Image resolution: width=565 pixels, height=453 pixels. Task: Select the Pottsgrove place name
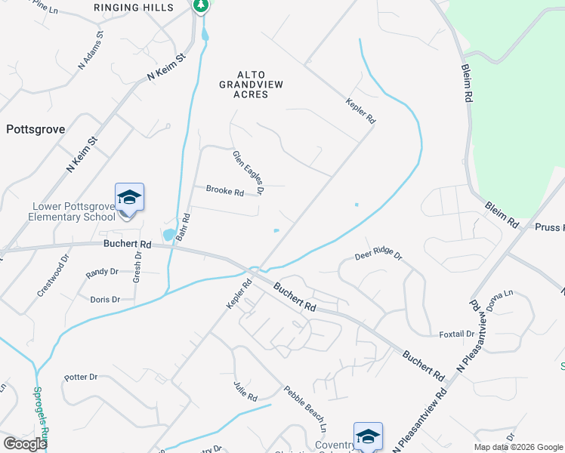pos(36,129)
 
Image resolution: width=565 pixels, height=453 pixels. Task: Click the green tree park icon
pos(200,6)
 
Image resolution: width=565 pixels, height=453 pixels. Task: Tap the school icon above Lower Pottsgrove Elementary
pos(129,198)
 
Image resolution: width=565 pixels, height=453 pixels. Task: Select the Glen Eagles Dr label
pos(249,173)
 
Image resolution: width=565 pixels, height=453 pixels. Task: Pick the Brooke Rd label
pos(225,192)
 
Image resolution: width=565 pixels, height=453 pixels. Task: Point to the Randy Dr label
pos(103,272)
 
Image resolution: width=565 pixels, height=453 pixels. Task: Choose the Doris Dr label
pos(105,300)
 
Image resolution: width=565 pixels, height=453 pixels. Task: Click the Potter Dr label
pos(81,377)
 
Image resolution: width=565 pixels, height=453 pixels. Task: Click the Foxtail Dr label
pos(456,334)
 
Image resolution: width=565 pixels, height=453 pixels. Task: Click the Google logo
pos(25,443)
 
